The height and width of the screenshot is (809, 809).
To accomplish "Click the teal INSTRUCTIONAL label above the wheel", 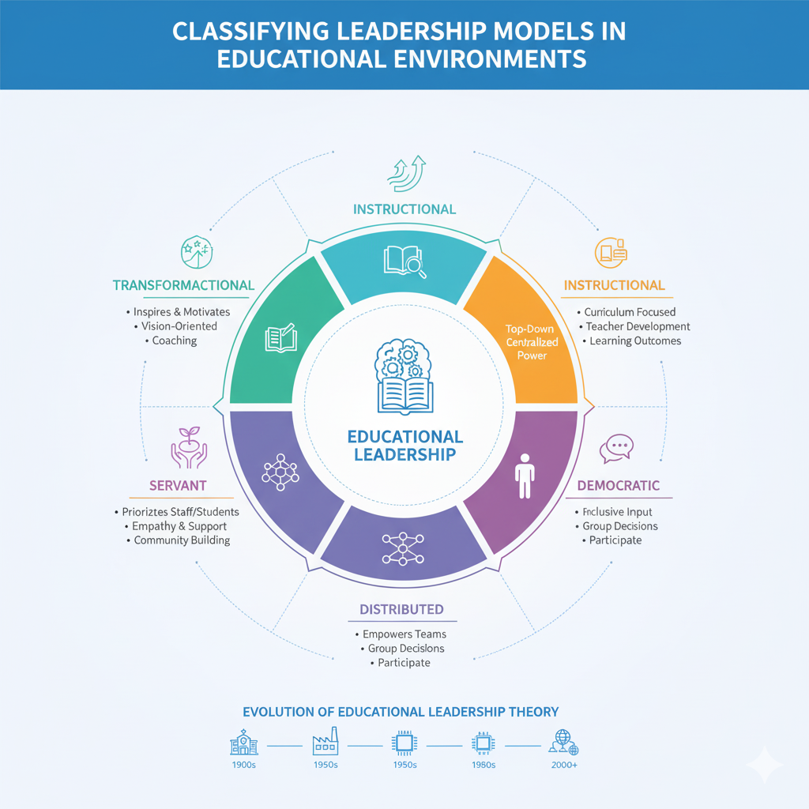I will point(404,209).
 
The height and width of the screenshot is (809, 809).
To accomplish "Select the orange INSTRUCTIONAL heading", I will point(614,285).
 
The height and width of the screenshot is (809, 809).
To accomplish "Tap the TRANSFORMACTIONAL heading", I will point(183,285).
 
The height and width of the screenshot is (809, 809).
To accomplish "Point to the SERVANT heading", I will point(179,484).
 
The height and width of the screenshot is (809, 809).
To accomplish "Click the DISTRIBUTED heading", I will point(401,609).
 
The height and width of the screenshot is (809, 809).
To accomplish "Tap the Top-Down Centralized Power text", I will point(532,343).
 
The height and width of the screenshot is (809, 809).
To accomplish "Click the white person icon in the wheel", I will point(525,475).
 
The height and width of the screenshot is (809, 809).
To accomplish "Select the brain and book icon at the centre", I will point(404,376).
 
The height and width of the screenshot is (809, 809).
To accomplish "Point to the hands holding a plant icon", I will point(188,445).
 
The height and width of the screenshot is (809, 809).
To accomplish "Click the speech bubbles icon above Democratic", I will point(616,448).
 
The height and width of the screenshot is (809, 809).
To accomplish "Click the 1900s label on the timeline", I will point(244,765).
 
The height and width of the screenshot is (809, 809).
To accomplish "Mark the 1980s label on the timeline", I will point(483,765).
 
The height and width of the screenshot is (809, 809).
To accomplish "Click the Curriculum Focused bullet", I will point(630,312).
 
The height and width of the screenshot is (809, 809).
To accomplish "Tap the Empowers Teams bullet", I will point(404,634).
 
